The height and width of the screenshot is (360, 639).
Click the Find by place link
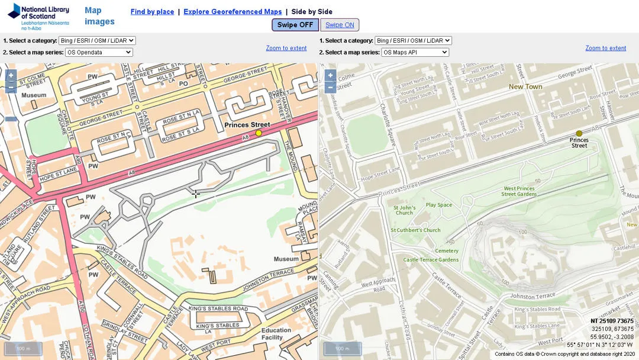tap(152, 12)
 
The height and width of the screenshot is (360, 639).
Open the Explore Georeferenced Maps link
tap(233, 12)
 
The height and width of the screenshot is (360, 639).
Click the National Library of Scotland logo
tap(38, 17)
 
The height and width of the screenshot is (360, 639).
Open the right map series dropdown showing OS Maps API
tap(415, 52)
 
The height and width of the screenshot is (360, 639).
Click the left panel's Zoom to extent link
tap(286, 48)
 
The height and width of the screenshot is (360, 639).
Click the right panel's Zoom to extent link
tap(605, 48)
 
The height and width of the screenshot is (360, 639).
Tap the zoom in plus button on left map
tap(11, 75)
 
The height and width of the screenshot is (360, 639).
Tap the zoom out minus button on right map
tap(330, 88)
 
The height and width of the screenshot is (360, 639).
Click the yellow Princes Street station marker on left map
tap(259, 133)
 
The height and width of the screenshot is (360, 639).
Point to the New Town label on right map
tap(525, 86)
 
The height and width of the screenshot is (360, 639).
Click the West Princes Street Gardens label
tap(518, 191)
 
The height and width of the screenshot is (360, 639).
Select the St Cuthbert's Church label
tap(415, 230)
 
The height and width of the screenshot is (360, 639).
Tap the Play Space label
tap(438, 205)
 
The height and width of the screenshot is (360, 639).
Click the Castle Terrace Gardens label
tap(431, 260)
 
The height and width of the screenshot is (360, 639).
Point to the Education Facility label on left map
tap(276, 334)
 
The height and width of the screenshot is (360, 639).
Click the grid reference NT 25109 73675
tap(612, 321)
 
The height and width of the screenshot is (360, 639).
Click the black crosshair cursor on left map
tap(195, 194)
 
